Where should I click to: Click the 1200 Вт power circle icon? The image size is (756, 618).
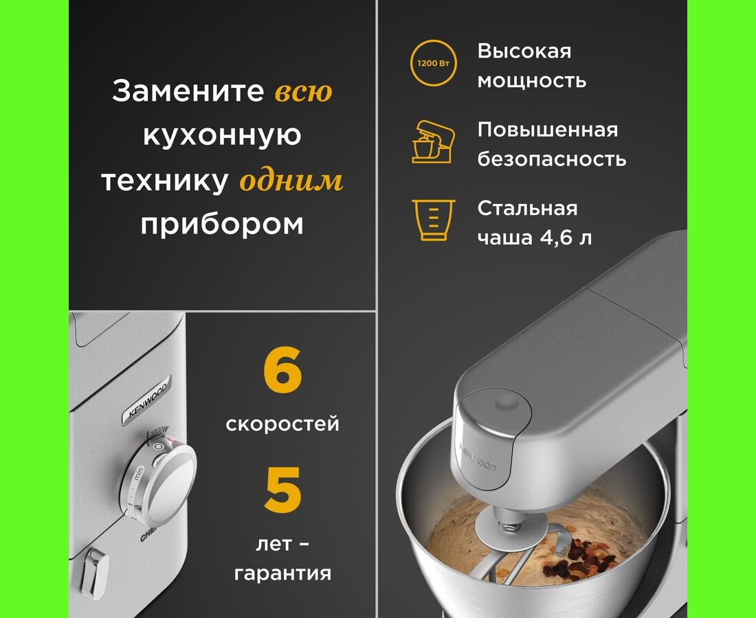pyautogui.click(x=433, y=63)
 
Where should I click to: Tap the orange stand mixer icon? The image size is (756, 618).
pyautogui.click(x=433, y=142)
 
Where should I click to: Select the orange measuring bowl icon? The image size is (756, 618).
pyautogui.click(x=434, y=220)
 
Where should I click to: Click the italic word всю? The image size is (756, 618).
pyautogui.click(x=303, y=91)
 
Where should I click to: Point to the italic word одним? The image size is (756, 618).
pyautogui.click(x=291, y=181)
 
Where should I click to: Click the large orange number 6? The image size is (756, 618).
pyautogui.click(x=282, y=370)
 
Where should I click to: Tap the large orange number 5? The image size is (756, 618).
pyautogui.click(x=282, y=490)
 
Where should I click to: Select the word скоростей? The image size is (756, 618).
pyautogui.click(x=282, y=424)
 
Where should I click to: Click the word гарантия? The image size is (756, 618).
pyautogui.click(x=282, y=573)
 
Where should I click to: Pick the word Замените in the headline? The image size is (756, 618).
pyautogui.click(x=188, y=91)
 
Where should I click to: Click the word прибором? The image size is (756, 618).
pyautogui.click(x=222, y=224)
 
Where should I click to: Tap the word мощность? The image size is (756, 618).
pyautogui.click(x=532, y=80)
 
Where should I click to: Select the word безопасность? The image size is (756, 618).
pyautogui.click(x=552, y=159)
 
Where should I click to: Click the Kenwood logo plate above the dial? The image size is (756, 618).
pyautogui.click(x=147, y=400)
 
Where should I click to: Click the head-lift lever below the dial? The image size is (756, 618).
pyautogui.click(x=95, y=573)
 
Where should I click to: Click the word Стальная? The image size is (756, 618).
pyautogui.click(x=527, y=208)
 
